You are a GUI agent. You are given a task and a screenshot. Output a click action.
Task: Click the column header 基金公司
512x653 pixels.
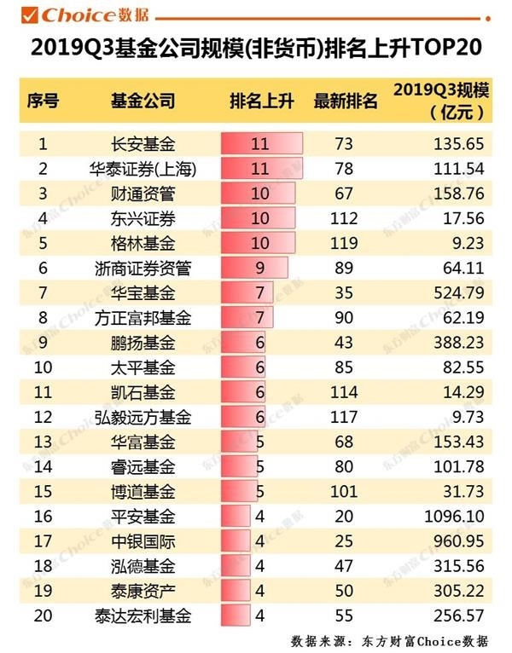(143, 101)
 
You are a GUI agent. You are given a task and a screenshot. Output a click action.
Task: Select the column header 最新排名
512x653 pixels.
(346, 101)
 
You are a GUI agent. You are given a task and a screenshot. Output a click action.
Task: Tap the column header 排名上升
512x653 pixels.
(261, 101)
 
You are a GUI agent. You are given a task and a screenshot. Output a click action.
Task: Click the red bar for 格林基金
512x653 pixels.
(259, 243)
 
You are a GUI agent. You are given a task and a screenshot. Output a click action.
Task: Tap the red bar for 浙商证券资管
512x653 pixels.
(254, 268)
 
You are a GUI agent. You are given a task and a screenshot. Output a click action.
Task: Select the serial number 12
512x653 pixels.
(43, 418)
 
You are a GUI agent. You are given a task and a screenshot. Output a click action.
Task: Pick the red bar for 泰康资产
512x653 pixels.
(236, 591)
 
